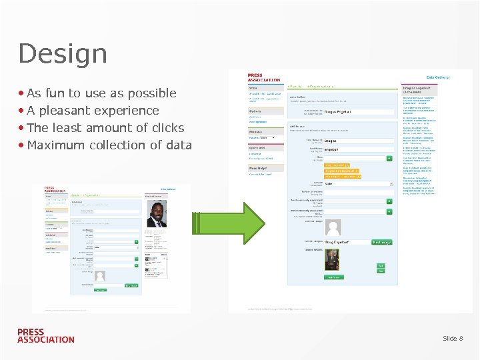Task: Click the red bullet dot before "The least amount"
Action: coord(22,128)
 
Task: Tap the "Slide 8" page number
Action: coord(453,339)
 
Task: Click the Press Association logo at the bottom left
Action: coord(45,335)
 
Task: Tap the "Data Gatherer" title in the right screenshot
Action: coord(438,77)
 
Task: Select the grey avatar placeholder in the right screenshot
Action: coord(333,227)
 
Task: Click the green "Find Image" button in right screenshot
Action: coord(381,242)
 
